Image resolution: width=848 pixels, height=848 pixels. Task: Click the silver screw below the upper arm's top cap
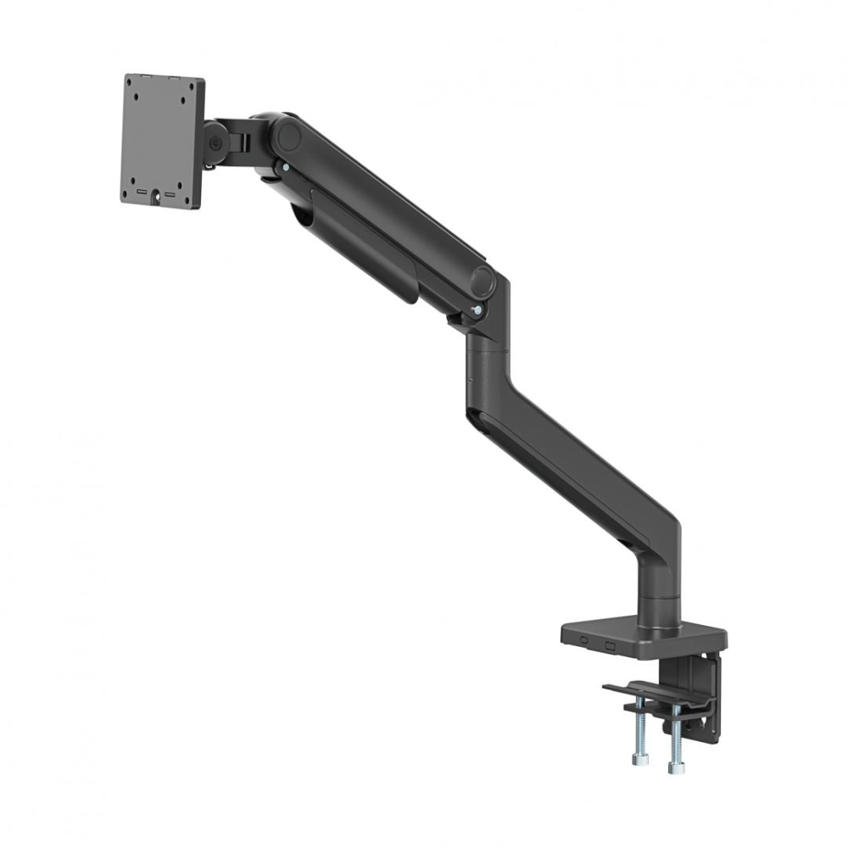click(286, 169)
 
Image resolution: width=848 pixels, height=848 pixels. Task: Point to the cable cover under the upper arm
click(365, 246)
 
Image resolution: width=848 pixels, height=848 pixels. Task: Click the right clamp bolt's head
click(676, 767)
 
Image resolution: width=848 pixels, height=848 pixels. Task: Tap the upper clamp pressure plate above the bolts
click(644, 694)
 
